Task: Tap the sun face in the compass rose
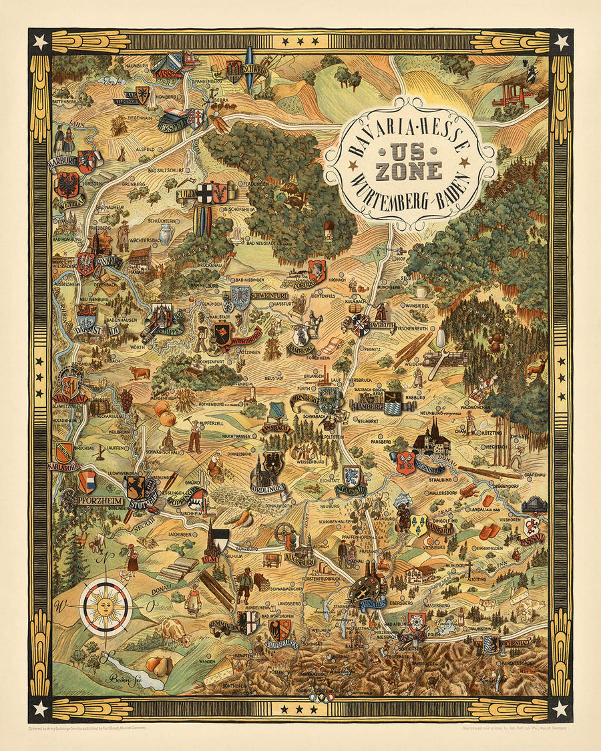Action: click(x=105, y=606)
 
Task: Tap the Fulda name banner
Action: click(x=188, y=196)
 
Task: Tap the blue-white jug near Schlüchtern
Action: click(x=166, y=235)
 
